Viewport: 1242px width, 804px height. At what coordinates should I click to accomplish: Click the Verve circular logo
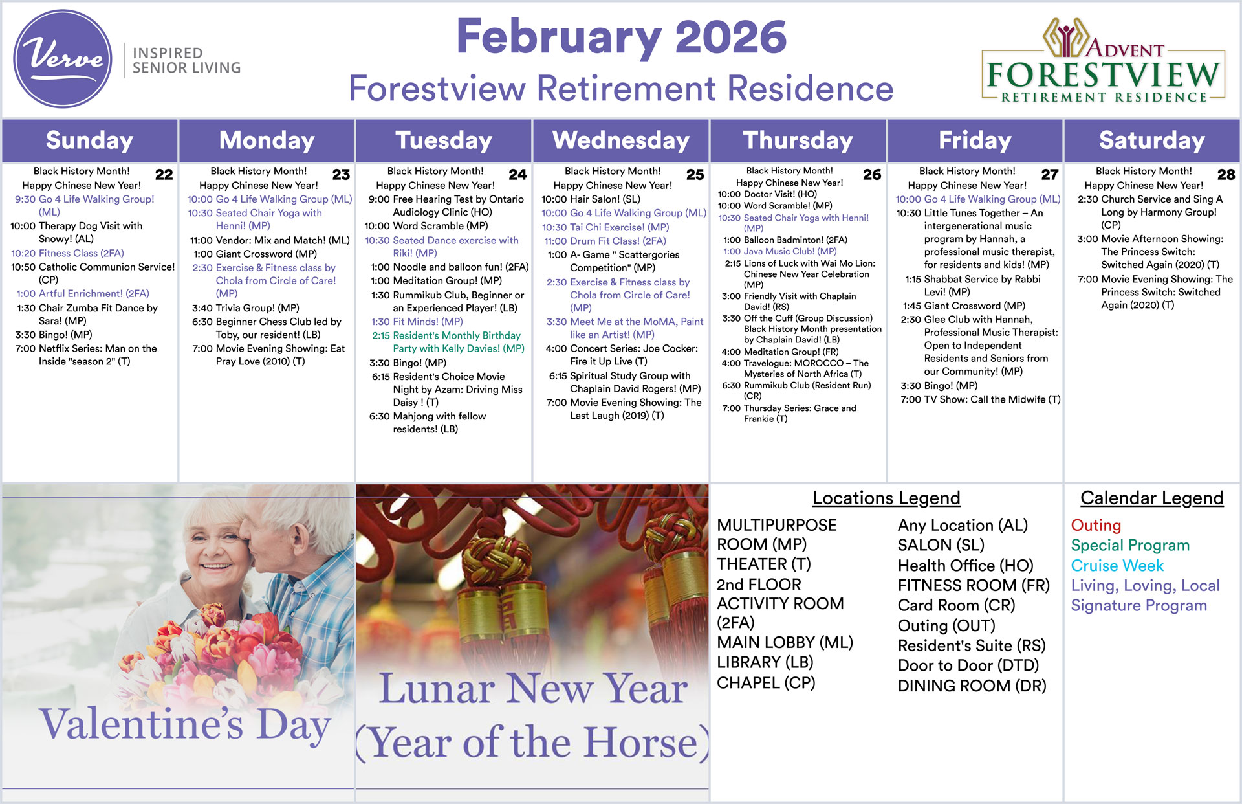(x=63, y=59)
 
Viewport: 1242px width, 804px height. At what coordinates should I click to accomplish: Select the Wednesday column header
(x=621, y=140)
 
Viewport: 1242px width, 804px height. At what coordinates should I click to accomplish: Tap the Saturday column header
(x=1151, y=140)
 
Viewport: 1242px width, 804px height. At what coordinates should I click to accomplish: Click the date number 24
(x=517, y=175)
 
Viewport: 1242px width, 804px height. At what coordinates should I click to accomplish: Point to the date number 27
(x=1049, y=175)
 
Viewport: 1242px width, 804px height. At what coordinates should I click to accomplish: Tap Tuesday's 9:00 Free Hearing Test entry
(x=446, y=206)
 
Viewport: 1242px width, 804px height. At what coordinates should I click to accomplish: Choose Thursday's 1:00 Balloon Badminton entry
(x=785, y=240)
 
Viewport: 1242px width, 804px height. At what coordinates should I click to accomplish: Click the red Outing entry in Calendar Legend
(x=1096, y=526)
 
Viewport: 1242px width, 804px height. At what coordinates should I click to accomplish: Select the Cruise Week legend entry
(x=1117, y=566)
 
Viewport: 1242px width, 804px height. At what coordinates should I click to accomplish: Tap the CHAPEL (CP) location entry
(x=766, y=683)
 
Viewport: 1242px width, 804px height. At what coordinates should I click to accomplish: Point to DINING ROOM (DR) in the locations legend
(x=972, y=686)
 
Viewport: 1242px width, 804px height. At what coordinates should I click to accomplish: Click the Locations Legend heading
(x=886, y=498)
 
